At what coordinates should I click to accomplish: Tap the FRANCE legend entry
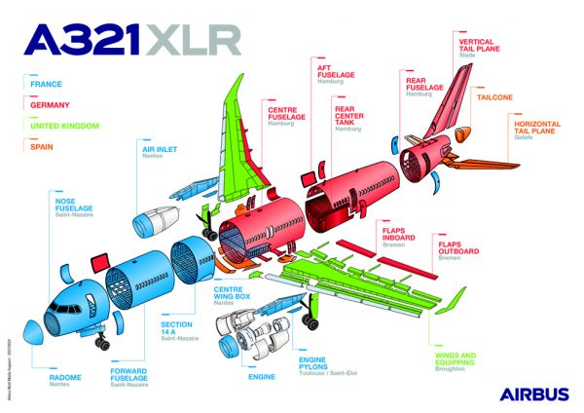coord(46,84)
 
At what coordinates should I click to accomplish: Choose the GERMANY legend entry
coord(50,103)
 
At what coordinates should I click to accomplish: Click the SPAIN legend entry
coord(43,144)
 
